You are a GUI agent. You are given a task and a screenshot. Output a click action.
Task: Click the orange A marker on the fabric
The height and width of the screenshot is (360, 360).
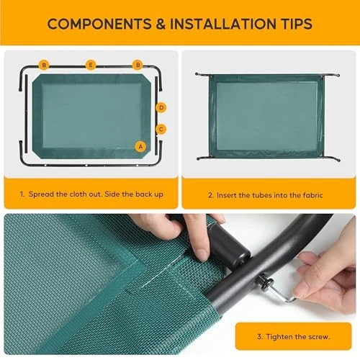click(140, 146)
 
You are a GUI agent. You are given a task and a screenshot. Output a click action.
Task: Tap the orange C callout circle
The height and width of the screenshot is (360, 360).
click(161, 129)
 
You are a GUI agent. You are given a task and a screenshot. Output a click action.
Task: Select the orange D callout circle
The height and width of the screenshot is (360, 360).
click(161, 107)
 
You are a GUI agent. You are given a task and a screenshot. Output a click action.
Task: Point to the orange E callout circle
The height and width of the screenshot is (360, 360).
click(91, 65)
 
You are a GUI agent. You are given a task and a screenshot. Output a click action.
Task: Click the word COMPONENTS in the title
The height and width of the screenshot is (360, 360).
click(99, 24)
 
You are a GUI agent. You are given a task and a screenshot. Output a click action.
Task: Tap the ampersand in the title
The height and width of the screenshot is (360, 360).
click(161, 24)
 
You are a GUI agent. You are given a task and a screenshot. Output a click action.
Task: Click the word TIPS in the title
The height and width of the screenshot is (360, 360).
click(297, 24)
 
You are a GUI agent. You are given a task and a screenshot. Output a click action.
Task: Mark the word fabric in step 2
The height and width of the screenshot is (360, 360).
click(312, 195)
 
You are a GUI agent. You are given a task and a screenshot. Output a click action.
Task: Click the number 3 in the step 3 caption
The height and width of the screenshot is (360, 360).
click(259, 337)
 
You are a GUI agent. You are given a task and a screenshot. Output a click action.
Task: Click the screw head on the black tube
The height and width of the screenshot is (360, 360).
click(264, 282)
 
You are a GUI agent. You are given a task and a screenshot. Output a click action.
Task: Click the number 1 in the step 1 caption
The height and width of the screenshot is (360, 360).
click(22, 194)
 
